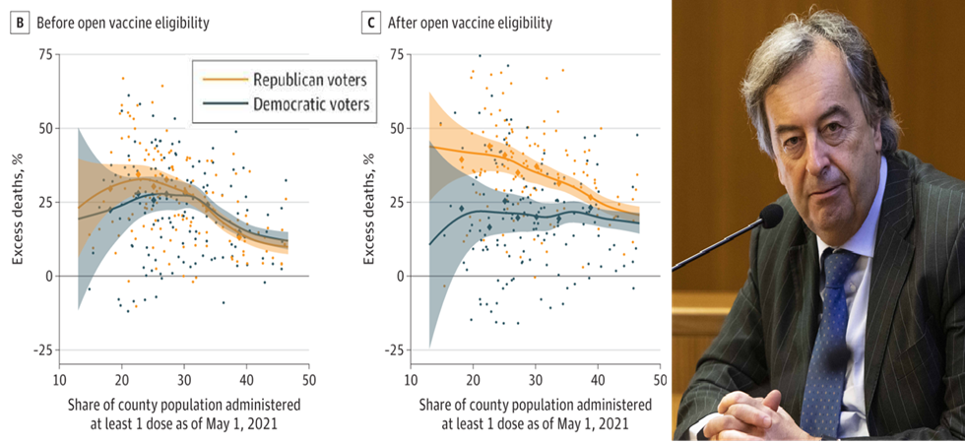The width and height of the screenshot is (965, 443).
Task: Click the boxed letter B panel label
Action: click(17, 22)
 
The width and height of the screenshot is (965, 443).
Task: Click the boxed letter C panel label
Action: click(366, 22)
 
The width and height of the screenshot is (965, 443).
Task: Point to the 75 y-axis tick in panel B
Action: click(45, 54)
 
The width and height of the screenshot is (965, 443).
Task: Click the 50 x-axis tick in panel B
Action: click(308, 379)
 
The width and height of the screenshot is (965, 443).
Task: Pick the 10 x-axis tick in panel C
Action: click(409, 379)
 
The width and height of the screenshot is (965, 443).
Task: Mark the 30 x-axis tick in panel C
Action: click(535, 379)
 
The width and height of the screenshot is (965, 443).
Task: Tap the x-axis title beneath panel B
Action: click(184, 413)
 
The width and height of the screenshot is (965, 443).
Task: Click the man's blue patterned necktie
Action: click(825, 335)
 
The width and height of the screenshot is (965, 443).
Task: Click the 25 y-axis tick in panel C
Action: click(396, 202)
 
